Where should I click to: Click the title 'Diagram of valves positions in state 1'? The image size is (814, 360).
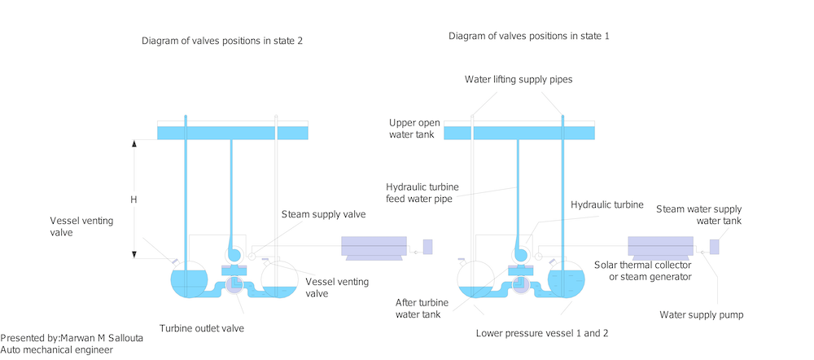click(x=528, y=37)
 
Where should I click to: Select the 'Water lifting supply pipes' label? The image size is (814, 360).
click(x=518, y=80)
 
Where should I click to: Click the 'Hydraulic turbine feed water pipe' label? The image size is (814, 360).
click(x=420, y=192)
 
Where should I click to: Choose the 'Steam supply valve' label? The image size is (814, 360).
click(x=323, y=215)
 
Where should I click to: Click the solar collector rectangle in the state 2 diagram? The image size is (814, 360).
click(x=374, y=245)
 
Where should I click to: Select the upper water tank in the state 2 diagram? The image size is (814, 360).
click(x=232, y=132)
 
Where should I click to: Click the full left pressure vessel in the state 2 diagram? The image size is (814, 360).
click(x=188, y=281)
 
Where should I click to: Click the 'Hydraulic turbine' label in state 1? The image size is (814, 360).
click(x=607, y=204)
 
